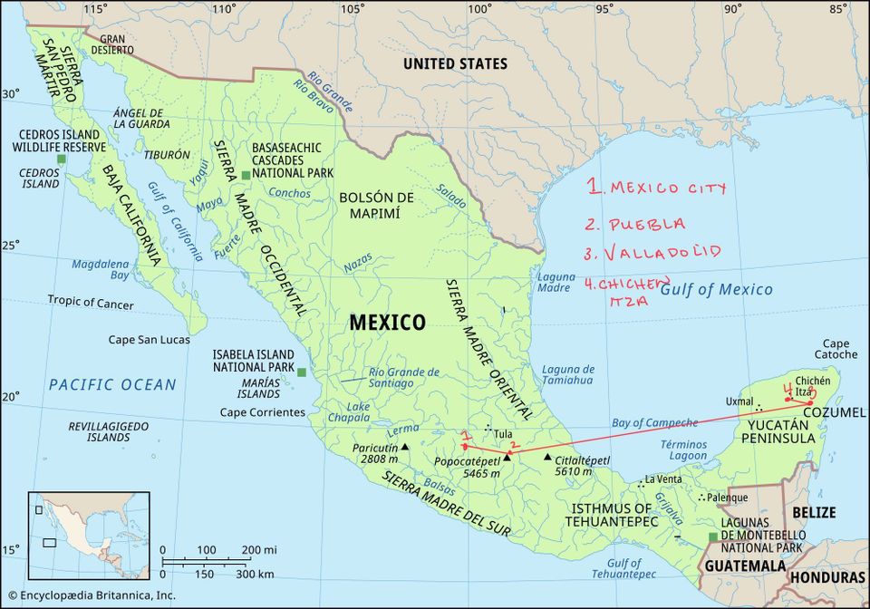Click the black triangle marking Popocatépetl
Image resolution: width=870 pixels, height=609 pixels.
click(x=507, y=457)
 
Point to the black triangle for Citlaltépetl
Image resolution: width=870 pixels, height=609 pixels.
click(x=548, y=457)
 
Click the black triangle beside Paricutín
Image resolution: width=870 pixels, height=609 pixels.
click(x=405, y=448)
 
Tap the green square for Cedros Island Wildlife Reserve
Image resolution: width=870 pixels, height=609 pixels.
click(x=61, y=159)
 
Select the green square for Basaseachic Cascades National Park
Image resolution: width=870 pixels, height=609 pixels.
click(x=246, y=174)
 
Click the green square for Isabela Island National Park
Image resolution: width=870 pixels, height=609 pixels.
click(x=302, y=372)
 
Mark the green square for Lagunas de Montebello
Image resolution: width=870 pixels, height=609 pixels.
click(x=712, y=537)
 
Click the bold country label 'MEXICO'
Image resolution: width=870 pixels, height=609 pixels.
click(x=387, y=323)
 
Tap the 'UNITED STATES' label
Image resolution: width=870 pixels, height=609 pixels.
click(x=455, y=64)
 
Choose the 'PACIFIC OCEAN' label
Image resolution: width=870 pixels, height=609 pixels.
click(x=112, y=385)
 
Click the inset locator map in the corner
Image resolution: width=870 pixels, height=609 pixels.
click(x=88, y=536)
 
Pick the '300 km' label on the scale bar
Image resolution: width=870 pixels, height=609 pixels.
click(x=255, y=575)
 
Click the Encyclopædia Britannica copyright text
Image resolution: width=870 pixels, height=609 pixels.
click(x=90, y=595)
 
